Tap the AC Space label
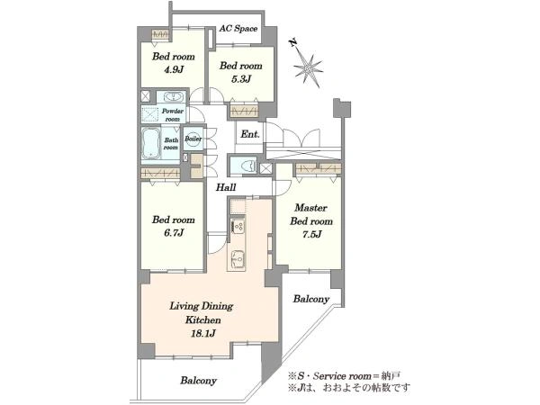click(x=238, y=29)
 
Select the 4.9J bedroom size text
click(x=173, y=69)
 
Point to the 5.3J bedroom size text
click(x=240, y=79)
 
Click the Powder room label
click(x=173, y=115)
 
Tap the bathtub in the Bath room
click(x=151, y=143)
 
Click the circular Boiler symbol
click(x=193, y=139)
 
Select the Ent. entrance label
click(x=250, y=134)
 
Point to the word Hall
click(x=226, y=187)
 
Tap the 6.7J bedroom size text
click(x=173, y=233)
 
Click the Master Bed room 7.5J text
click(x=311, y=221)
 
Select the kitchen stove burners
click(x=238, y=226)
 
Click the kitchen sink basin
click(x=238, y=257)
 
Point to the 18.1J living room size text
click(x=202, y=333)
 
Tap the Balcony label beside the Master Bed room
click(x=311, y=299)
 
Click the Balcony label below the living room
click(x=198, y=381)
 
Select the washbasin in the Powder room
click(x=172, y=97)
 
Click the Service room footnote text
click(x=344, y=376)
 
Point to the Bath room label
click(x=171, y=144)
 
